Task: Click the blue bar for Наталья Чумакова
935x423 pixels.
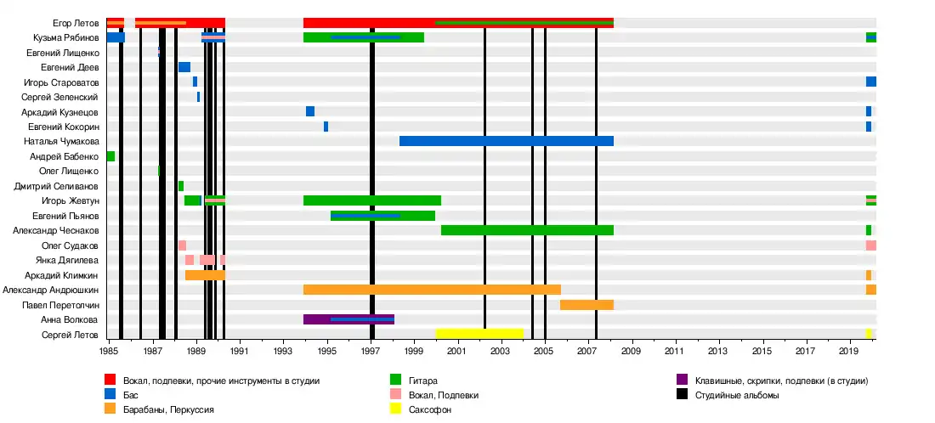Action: [x=506, y=141]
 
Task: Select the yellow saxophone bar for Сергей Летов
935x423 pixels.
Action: [x=479, y=335]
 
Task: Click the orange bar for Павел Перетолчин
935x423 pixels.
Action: [x=586, y=305]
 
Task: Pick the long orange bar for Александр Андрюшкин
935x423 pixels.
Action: [x=432, y=290]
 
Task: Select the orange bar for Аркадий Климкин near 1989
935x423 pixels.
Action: [x=205, y=275]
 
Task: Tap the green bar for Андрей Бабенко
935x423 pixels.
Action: [x=110, y=156]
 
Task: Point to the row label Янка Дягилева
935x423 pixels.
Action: [x=67, y=260]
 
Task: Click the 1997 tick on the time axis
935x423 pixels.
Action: [x=371, y=350]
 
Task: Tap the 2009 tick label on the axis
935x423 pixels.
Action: [x=632, y=350]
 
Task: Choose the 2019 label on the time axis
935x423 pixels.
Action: [x=848, y=350]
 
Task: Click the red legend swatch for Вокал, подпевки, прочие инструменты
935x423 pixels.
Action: [x=110, y=381]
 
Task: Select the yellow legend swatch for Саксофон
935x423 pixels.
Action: [x=395, y=409]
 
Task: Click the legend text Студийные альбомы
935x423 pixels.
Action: [x=737, y=395]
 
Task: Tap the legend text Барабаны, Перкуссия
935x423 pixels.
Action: [x=168, y=409]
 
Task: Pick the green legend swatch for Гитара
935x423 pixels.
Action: [x=395, y=381]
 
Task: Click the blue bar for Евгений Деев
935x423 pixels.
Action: [x=184, y=67]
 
